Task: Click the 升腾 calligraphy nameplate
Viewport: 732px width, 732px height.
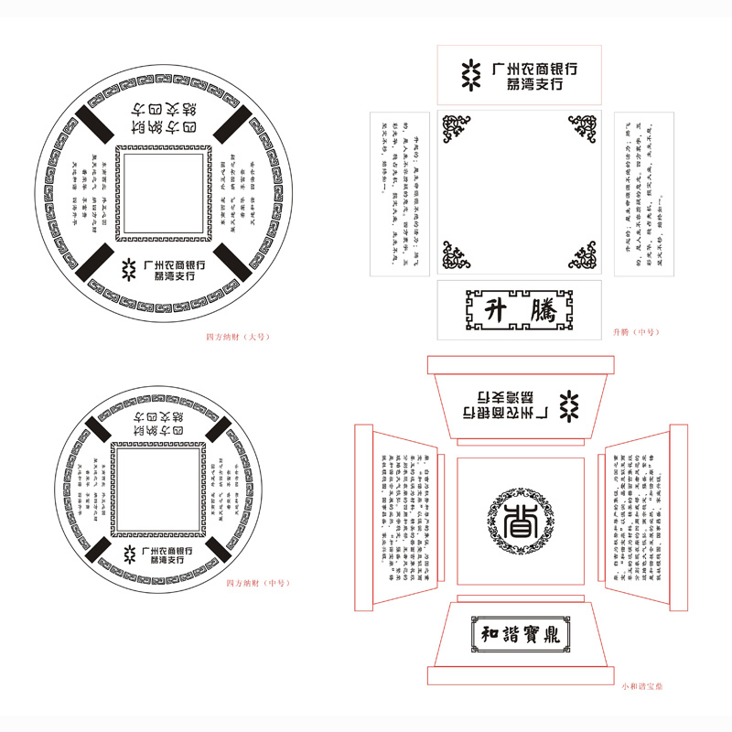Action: coord(519,309)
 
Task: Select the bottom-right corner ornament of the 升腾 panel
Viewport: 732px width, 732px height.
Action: coord(583,256)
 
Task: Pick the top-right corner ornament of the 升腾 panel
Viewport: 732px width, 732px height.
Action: coord(583,129)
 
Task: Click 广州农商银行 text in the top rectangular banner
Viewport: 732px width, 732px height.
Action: coord(534,68)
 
